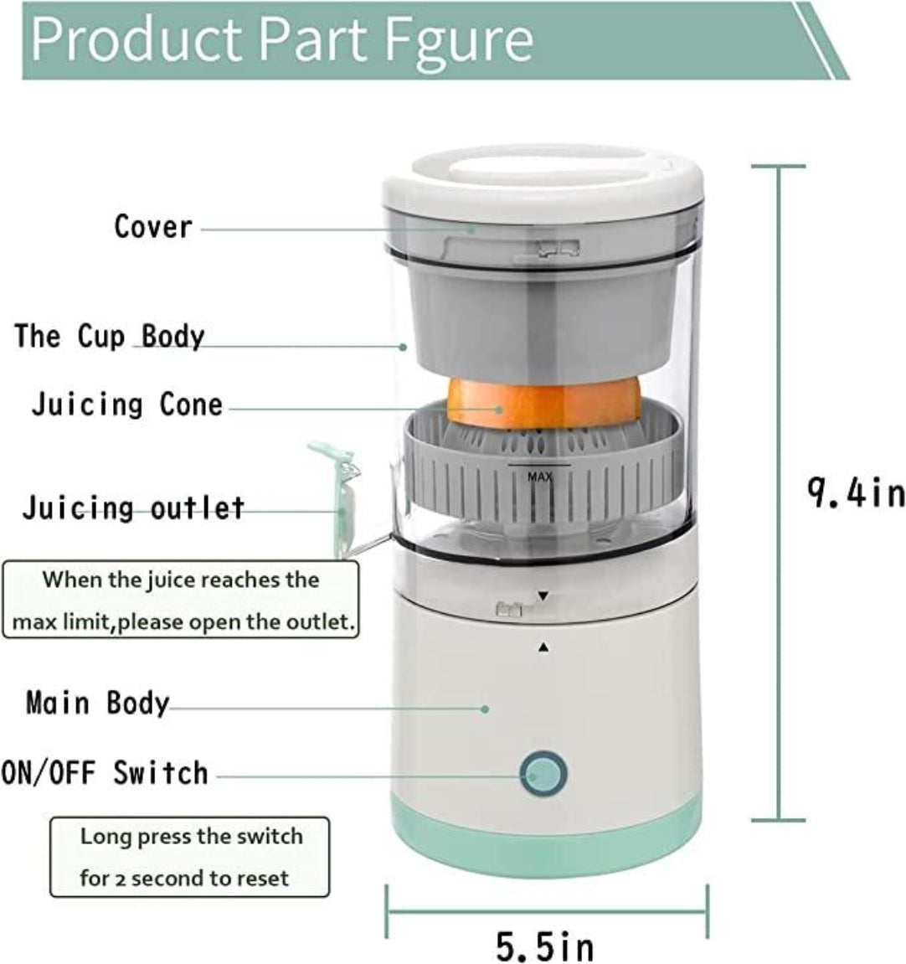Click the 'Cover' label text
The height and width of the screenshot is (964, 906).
click(153, 226)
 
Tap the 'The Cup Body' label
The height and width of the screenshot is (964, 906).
click(109, 337)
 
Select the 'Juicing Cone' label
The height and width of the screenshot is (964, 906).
click(127, 405)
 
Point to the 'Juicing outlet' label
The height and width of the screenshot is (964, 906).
click(133, 508)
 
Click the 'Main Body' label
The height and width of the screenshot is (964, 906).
click(97, 702)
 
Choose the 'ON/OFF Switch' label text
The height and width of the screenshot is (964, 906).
click(105, 772)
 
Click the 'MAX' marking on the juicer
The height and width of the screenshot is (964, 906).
click(540, 477)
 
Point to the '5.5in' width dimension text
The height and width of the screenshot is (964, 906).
click(545, 946)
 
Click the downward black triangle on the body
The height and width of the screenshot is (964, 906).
click(543, 596)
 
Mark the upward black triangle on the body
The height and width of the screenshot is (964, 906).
click(543, 647)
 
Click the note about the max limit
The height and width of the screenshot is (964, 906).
click(181, 601)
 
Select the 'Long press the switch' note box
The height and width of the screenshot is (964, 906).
click(190, 857)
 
